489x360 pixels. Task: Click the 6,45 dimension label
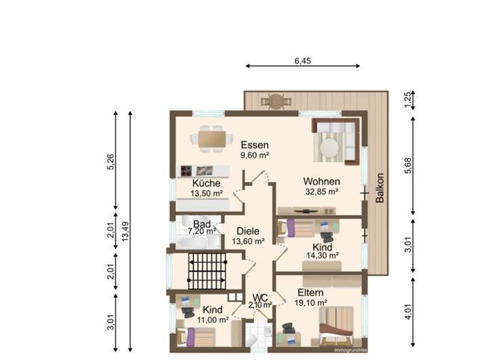point(302,60)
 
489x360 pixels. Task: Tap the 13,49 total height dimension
point(126,231)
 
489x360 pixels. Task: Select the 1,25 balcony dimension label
point(409,100)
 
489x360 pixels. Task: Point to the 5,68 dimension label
point(409,166)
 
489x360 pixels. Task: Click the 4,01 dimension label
point(409,312)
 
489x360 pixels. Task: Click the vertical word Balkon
point(380,187)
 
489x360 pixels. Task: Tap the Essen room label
point(255,145)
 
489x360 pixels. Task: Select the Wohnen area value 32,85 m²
point(322,192)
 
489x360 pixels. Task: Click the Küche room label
point(206,183)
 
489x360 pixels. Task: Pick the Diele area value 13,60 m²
point(249,241)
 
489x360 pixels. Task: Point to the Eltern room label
point(310,293)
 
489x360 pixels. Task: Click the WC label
point(260,298)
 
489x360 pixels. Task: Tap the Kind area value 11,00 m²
point(213,320)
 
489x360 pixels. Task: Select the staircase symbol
point(207,272)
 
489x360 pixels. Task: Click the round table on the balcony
point(276,101)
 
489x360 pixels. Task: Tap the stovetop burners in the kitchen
point(186,170)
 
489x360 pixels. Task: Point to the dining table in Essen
point(212,139)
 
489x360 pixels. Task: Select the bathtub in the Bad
point(198,242)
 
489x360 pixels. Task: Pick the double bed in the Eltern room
point(336,326)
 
